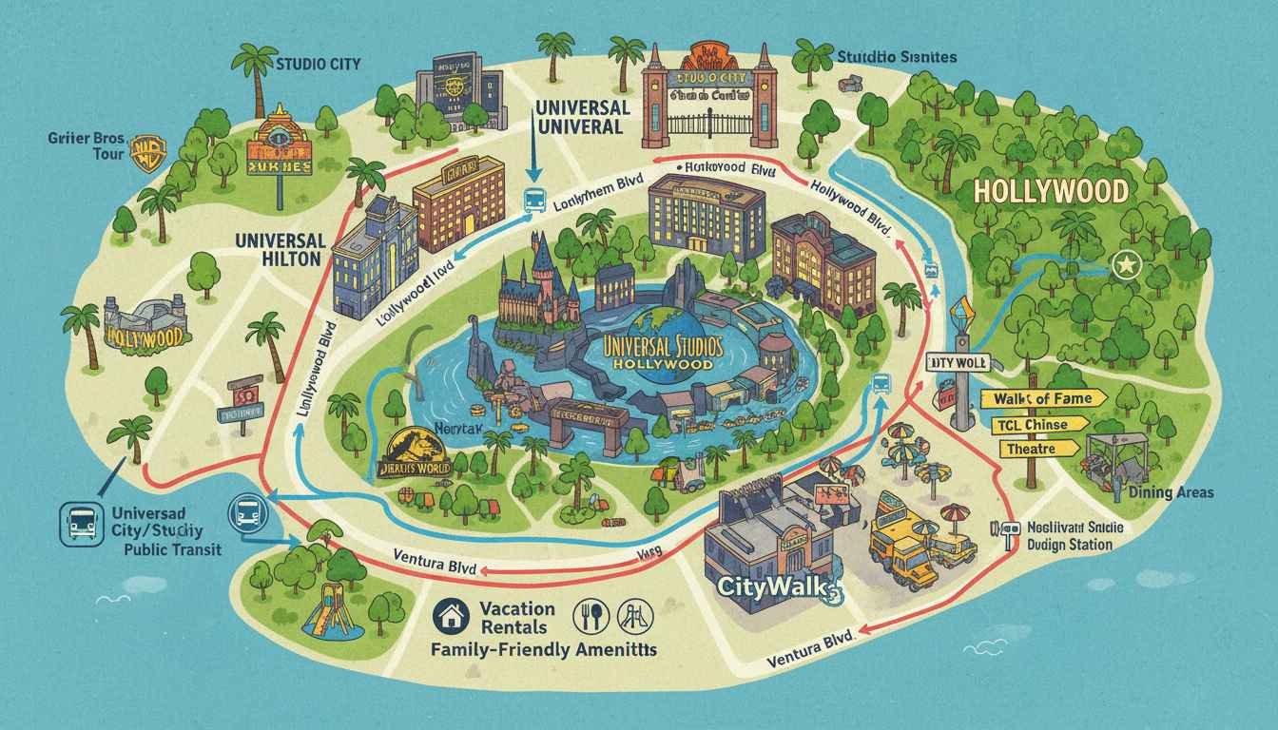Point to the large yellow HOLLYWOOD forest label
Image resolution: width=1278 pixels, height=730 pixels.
point(1051,191)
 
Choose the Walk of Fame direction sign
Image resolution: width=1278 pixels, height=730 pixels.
point(1044,398)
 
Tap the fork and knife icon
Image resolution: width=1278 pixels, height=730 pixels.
point(584,617)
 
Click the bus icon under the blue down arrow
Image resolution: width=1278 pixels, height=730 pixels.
point(532,201)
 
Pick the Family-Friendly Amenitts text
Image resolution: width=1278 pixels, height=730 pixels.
point(546,651)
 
